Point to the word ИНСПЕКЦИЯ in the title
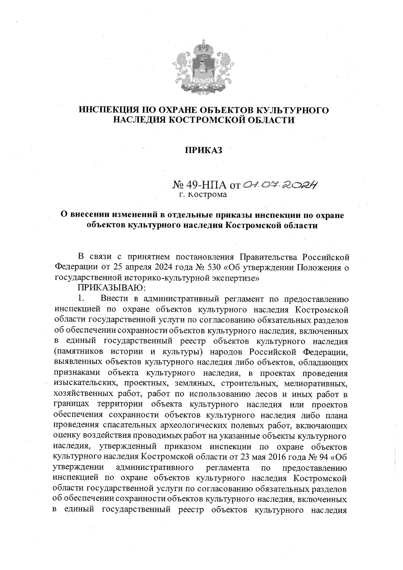click(x=106, y=110)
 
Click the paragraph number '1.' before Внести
click(x=81, y=298)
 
